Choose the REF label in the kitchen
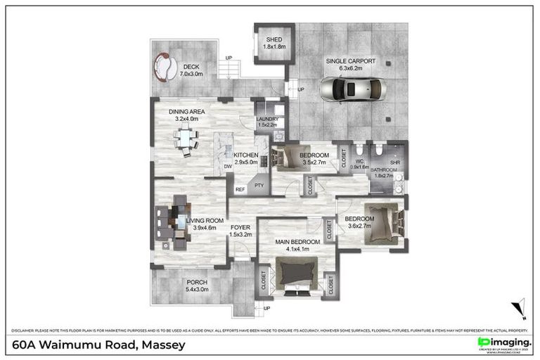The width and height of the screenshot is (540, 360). pyautogui.click(x=240, y=188)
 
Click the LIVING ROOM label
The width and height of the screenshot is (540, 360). pyautogui.click(x=204, y=224)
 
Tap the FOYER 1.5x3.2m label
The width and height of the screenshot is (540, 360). pyautogui.click(x=240, y=231)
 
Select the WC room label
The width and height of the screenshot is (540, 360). pyautogui.click(x=359, y=163)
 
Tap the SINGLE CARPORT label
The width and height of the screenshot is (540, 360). pyautogui.click(x=349, y=65)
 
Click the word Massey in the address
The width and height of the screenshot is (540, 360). pyautogui.click(x=163, y=345)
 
